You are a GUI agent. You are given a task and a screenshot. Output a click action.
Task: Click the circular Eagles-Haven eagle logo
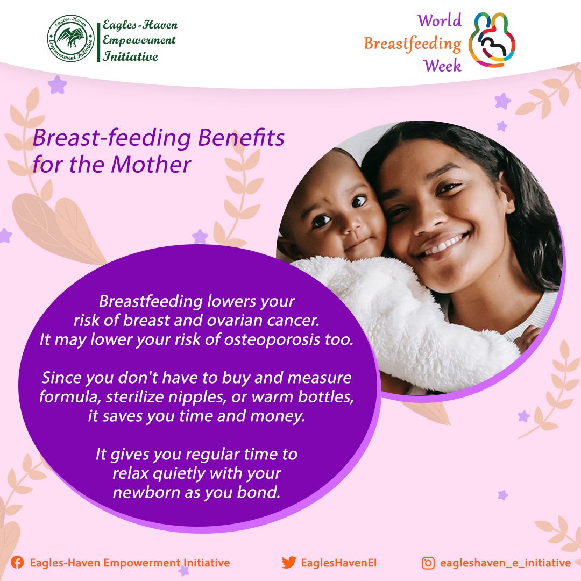(x=70, y=39)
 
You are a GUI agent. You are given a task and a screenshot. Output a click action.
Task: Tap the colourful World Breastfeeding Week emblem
(x=492, y=40)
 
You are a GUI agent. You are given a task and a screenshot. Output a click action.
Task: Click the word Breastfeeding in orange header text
(x=413, y=44)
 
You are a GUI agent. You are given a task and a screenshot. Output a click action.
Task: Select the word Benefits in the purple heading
(x=241, y=138)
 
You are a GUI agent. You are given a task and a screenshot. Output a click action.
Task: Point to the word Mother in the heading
(x=151, y=165)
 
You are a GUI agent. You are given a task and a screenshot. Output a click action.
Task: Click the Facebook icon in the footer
(x=17, y=563)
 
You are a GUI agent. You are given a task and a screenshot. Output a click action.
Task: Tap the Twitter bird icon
(x=289, y=563)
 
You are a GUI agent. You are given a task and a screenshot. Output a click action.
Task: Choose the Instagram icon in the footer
(x=428, y=563)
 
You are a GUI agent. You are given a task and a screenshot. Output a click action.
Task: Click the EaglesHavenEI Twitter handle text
(x=339, y=563)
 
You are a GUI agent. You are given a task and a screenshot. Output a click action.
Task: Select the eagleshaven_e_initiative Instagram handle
(x=505, y=563)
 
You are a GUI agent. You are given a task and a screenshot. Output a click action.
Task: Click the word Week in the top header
(x=443, y=66)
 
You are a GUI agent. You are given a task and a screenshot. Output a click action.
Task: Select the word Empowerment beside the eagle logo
(x=139, y=40)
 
